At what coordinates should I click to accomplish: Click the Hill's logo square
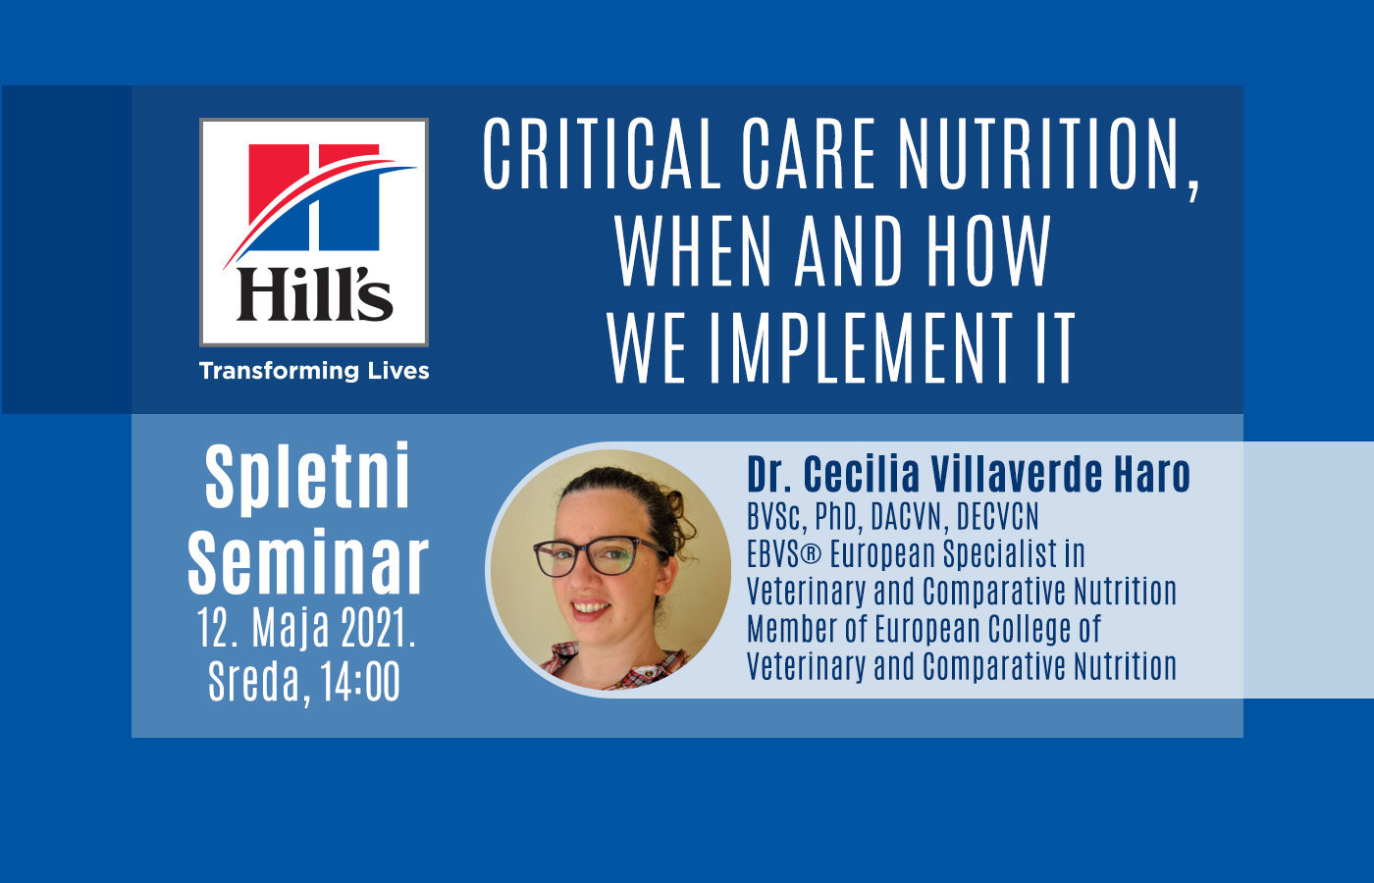pyautogui.click(x=313, y=233)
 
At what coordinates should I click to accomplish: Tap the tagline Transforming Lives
pyautogui.click(x=314, y=371)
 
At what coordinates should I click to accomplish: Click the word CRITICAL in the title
pyautogui.click(x=601, y=153)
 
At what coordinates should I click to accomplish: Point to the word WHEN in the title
pyautogui.click(x=692, y=251)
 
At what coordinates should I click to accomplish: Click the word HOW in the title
pyautogui.click(x=989, y=251)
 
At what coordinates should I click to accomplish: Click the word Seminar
pyautogui.click(x=308, y=563)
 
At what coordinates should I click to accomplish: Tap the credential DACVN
pyautogui.click(x=906, y=517)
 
